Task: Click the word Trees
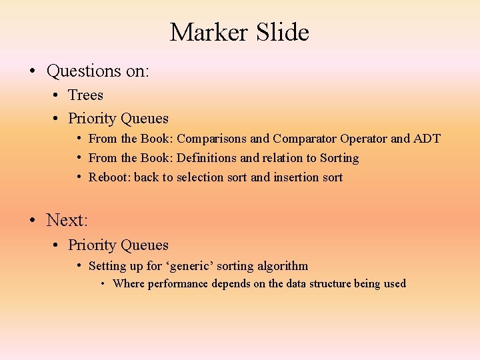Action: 85,95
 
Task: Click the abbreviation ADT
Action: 427,139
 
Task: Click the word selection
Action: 200,177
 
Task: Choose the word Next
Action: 67,219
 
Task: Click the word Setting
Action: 107,266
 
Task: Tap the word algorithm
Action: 281,266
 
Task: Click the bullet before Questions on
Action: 32,71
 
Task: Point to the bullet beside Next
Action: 32,219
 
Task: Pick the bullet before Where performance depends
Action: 103,283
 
